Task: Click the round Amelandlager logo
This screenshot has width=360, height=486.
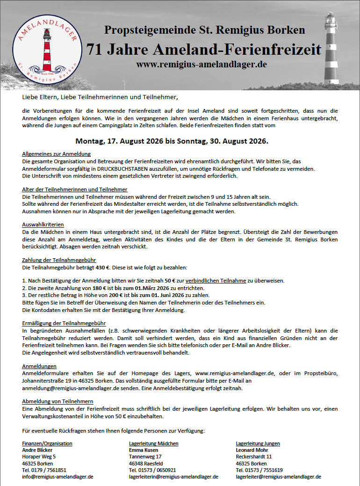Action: coord(46,48)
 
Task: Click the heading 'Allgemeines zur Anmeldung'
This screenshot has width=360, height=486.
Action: coord(56,154)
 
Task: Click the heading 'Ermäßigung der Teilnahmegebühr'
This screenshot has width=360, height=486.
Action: coord(64,323)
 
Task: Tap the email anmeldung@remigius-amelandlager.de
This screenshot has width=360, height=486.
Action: coord(68,388)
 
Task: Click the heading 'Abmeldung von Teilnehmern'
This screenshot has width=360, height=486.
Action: coord(58,401)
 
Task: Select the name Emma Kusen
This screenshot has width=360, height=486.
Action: coord(144,450)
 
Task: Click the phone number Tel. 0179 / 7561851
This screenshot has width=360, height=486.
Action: coord(44,470)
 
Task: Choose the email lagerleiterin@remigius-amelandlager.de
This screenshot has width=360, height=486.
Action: coord(173,477)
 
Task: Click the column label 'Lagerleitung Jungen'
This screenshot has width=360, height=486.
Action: coord(258,443)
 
